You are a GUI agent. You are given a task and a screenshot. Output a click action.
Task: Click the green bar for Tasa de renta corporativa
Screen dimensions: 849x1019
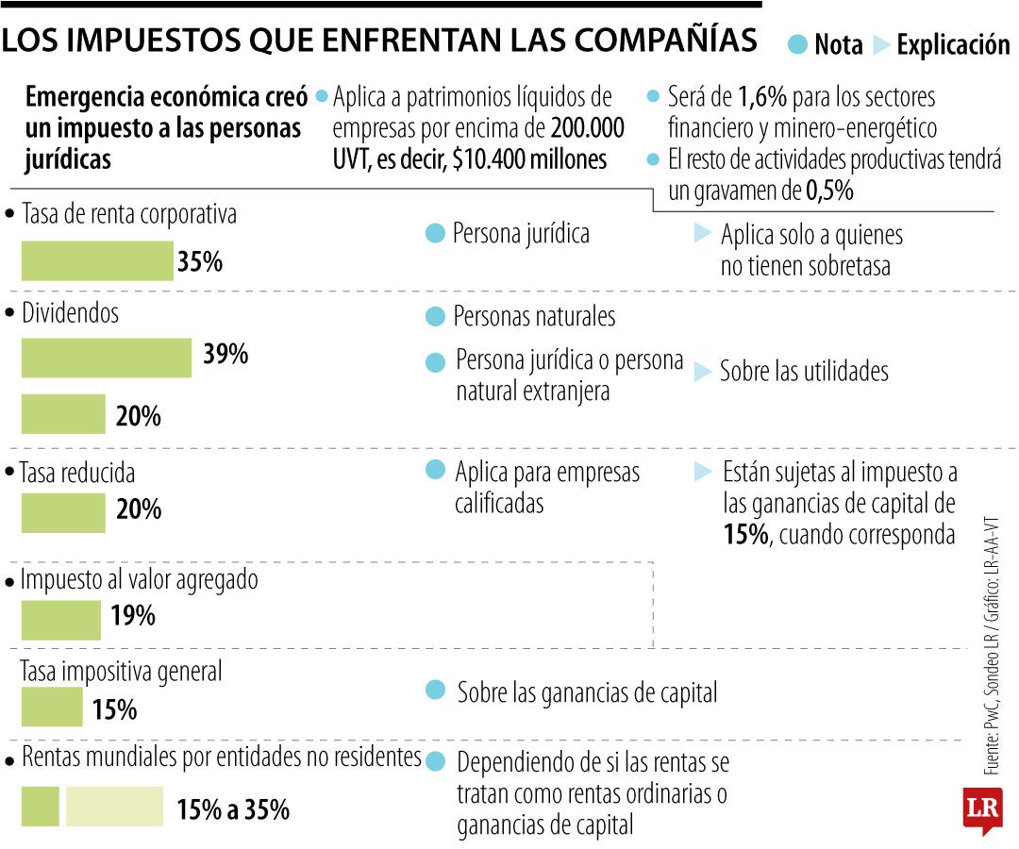click(x=97, y=261)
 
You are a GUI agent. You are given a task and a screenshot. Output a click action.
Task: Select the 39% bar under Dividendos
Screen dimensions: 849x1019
click(x=106, y=358)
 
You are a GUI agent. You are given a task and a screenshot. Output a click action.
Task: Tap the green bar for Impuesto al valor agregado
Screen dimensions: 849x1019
click(x=60, y=620)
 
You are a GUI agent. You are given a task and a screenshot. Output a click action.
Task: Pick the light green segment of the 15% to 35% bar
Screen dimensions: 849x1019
click(x=114, y=807)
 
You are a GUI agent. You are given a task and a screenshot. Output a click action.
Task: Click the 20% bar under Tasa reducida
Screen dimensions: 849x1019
click(x=63, y=512)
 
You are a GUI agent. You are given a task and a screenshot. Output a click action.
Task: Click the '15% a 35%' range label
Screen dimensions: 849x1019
click(x=233, y=809)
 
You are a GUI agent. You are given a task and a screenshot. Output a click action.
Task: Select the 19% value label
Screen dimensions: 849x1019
click(x=133, y=617)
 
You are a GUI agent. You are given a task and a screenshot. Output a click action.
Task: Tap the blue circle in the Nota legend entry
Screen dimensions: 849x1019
click(x=798, y=44)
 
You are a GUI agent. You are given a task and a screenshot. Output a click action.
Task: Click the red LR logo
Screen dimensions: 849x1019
click(x=982, y=810)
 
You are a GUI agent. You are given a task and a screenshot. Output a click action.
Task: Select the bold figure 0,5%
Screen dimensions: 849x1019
click(x=829, y=191)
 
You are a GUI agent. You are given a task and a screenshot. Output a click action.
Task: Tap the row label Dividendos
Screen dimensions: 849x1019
click(x=70, y=313)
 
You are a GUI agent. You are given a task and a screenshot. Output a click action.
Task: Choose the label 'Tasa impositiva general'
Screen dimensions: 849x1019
click(x=121, y=672)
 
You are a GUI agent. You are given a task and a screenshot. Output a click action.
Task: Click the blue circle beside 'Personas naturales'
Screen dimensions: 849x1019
click(x=435, y=317)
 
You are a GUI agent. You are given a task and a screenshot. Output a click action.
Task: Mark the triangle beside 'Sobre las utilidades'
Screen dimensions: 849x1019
click(x=702, y=372)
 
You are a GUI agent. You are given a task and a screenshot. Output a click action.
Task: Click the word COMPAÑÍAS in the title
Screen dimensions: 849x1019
click(x=666, y=40)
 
